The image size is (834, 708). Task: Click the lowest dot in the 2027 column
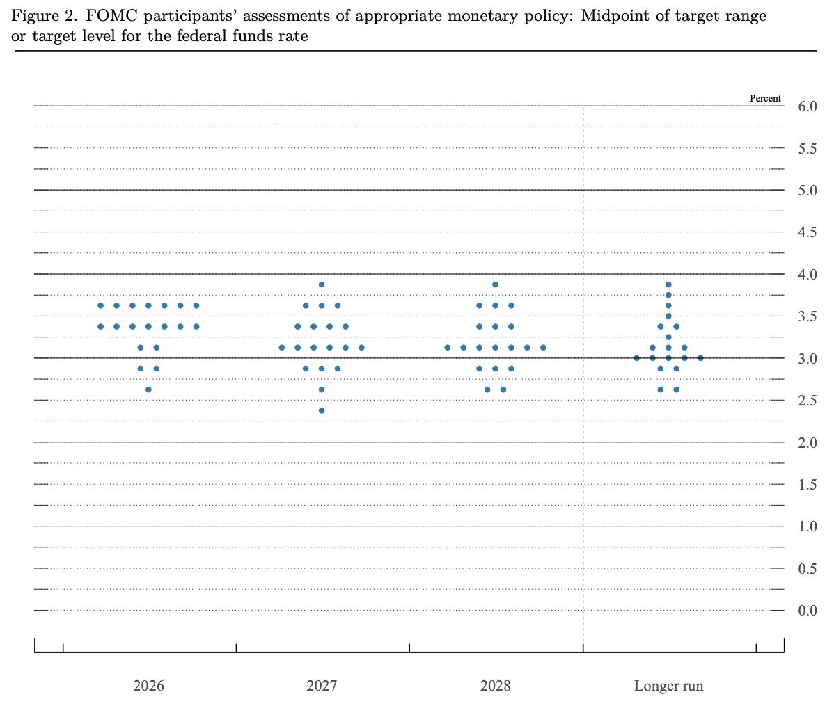click(x=322, y=410)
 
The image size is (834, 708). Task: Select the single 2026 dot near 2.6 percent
click(x=148, y=389)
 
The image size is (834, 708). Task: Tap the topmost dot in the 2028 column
click(x=495, y=284)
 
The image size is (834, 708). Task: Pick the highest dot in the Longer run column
click(x=668, y=284)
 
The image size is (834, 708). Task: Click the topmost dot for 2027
click(x=322, y=284)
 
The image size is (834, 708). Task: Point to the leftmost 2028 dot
click(x=447, y=347)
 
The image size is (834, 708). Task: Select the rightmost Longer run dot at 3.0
click(x=700, y=358)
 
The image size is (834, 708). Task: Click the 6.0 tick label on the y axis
click(x=808, y=106)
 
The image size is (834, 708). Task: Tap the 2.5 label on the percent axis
click(x=808, y=401)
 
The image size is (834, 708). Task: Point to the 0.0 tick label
click(x=808, y=611)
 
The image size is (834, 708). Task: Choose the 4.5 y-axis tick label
click(x=808, y=232)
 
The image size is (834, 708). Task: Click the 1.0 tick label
click(x=808, y=526)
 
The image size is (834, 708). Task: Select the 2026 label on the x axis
click(x=149, y=686)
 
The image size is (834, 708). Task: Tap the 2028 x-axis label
click(x=495, y=686)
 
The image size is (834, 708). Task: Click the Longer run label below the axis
click(x=668, y=686)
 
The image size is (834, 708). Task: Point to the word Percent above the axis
click(x=765, y=99)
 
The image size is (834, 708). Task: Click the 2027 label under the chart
click(x=322, y=686)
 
